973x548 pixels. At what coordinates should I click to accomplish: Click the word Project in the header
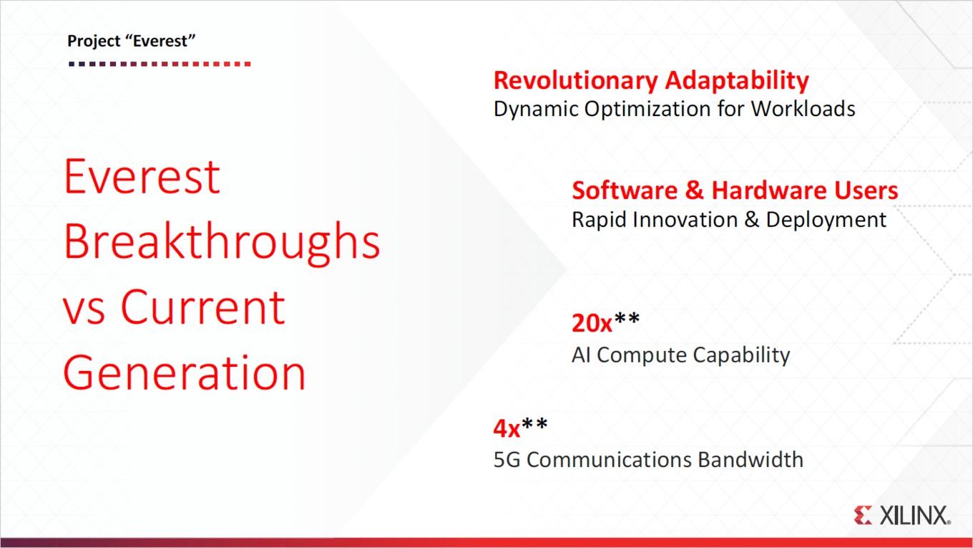click(x=94, y=42)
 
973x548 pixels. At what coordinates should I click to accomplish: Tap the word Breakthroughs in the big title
click(x=222, y=241)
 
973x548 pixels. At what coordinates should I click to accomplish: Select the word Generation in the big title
click(x=185, y=372)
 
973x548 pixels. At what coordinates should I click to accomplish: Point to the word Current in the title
click(x=203, y=307)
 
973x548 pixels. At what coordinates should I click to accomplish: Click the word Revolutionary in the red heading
click(x=576, y=80)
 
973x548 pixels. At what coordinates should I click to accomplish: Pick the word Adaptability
click(x=737, y=82)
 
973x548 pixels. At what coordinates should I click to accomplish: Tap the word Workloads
click(x=803, y=108)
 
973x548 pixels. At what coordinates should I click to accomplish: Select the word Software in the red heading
click(x=625, y=191)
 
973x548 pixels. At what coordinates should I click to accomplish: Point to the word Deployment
click(x=826, y=220)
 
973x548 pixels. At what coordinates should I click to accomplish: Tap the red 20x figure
click(x=592, y=323)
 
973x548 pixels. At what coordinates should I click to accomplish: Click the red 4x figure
click(x=507, y=428)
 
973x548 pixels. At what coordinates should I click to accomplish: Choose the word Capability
click(x=741, y=355)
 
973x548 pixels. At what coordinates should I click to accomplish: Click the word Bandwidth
click(x=750, y=459)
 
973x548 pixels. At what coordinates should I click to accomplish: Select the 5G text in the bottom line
click(x=507, y=460)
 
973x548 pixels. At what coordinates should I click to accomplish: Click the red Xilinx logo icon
click(x=863, y=515)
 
